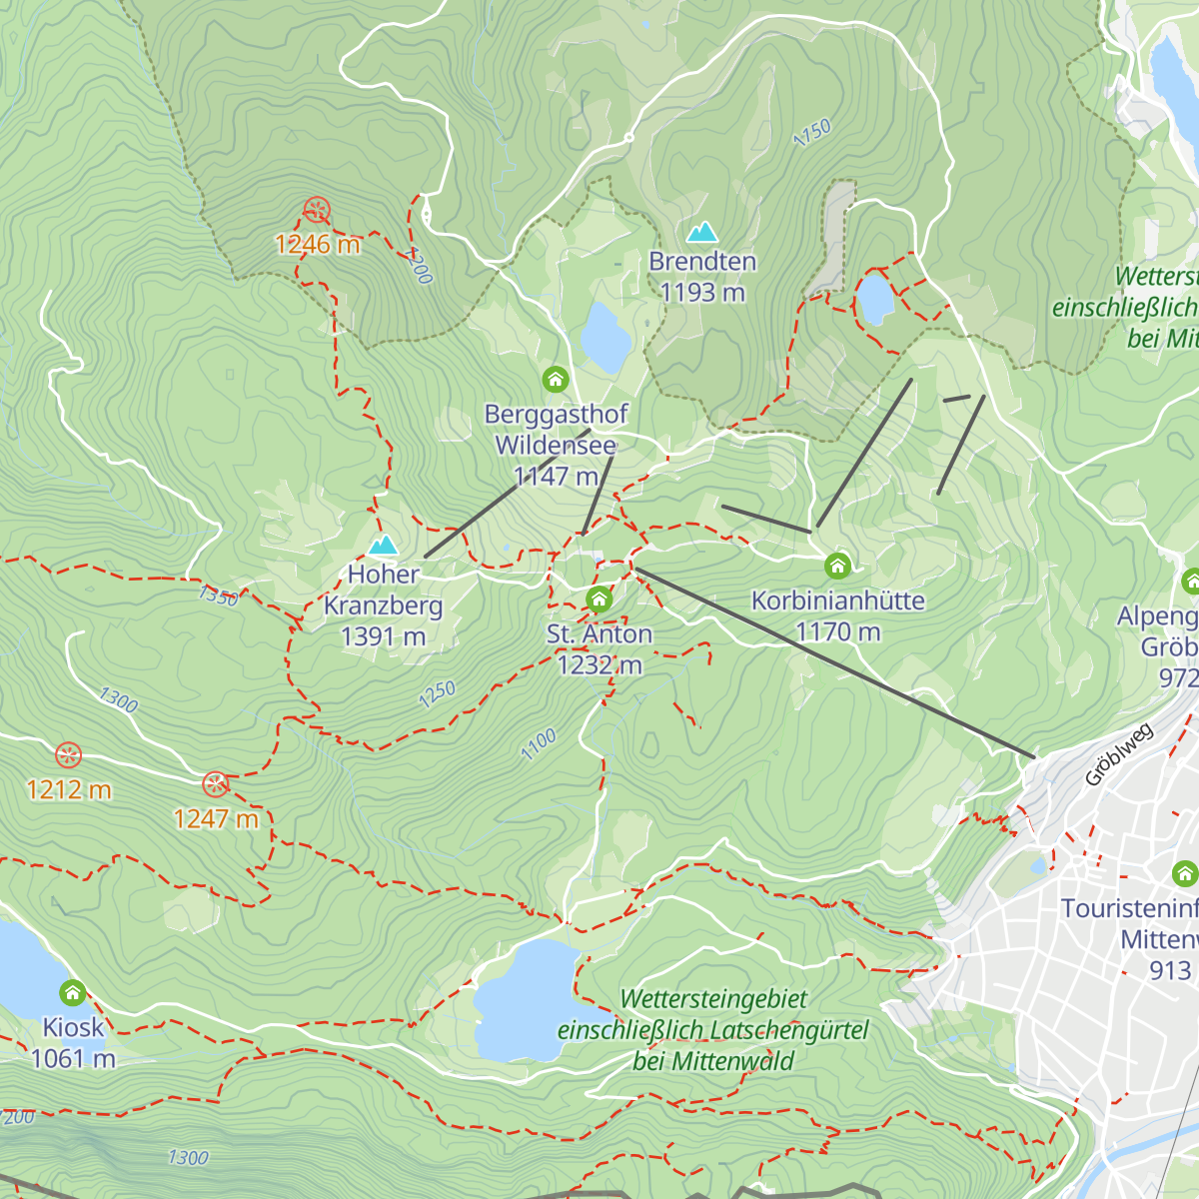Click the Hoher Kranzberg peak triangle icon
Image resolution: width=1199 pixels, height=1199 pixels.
click(383, 546)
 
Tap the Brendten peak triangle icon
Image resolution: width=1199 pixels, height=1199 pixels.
click(701, 233)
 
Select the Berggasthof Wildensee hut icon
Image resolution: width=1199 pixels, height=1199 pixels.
click(556, 380)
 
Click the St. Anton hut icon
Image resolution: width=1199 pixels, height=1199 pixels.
click(599, 599)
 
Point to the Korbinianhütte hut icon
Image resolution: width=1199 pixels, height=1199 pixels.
click(837, 567)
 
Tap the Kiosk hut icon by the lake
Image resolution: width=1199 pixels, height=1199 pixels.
click(72, 993)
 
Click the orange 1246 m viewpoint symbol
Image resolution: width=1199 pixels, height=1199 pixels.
click(317, 210)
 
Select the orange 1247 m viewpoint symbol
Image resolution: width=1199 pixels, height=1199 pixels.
click(216, 783)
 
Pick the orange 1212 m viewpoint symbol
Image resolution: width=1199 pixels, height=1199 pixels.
click(68, 755)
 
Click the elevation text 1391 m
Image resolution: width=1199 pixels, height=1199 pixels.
click(383, 636)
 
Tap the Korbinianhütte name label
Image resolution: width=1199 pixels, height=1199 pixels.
click(837, 600)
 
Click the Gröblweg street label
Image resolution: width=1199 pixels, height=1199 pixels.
click(1119, 754)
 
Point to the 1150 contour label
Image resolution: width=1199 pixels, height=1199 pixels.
click(811, 133)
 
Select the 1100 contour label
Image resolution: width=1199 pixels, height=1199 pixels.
click(539, 744)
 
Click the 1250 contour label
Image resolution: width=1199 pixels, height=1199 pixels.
click(437, 694)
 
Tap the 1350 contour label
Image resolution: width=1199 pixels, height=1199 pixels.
click(218, 597)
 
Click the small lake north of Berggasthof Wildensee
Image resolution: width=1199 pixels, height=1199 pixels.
click(605, 337)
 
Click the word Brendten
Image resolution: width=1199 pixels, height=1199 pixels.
click(701, 262)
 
